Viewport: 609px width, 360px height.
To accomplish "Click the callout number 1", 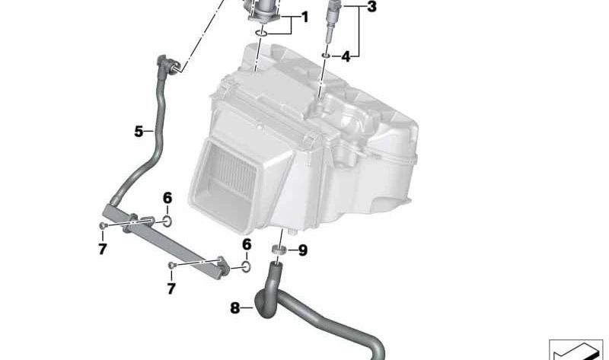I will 304,16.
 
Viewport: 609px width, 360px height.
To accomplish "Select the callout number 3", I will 371,8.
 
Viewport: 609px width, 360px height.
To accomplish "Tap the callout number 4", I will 346,56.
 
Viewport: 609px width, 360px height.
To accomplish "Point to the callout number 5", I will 139,131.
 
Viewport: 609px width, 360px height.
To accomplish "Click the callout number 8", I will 234,308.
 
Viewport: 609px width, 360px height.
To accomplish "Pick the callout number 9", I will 302,250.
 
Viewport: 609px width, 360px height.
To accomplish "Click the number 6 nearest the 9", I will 247,244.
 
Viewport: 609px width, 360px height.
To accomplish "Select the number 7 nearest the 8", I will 171,288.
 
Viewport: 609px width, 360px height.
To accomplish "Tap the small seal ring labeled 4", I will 325,56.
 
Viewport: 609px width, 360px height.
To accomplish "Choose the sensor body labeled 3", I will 333,19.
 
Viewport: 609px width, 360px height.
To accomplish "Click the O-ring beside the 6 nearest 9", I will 245,266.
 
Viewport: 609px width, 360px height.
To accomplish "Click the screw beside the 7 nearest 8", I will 173,266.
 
